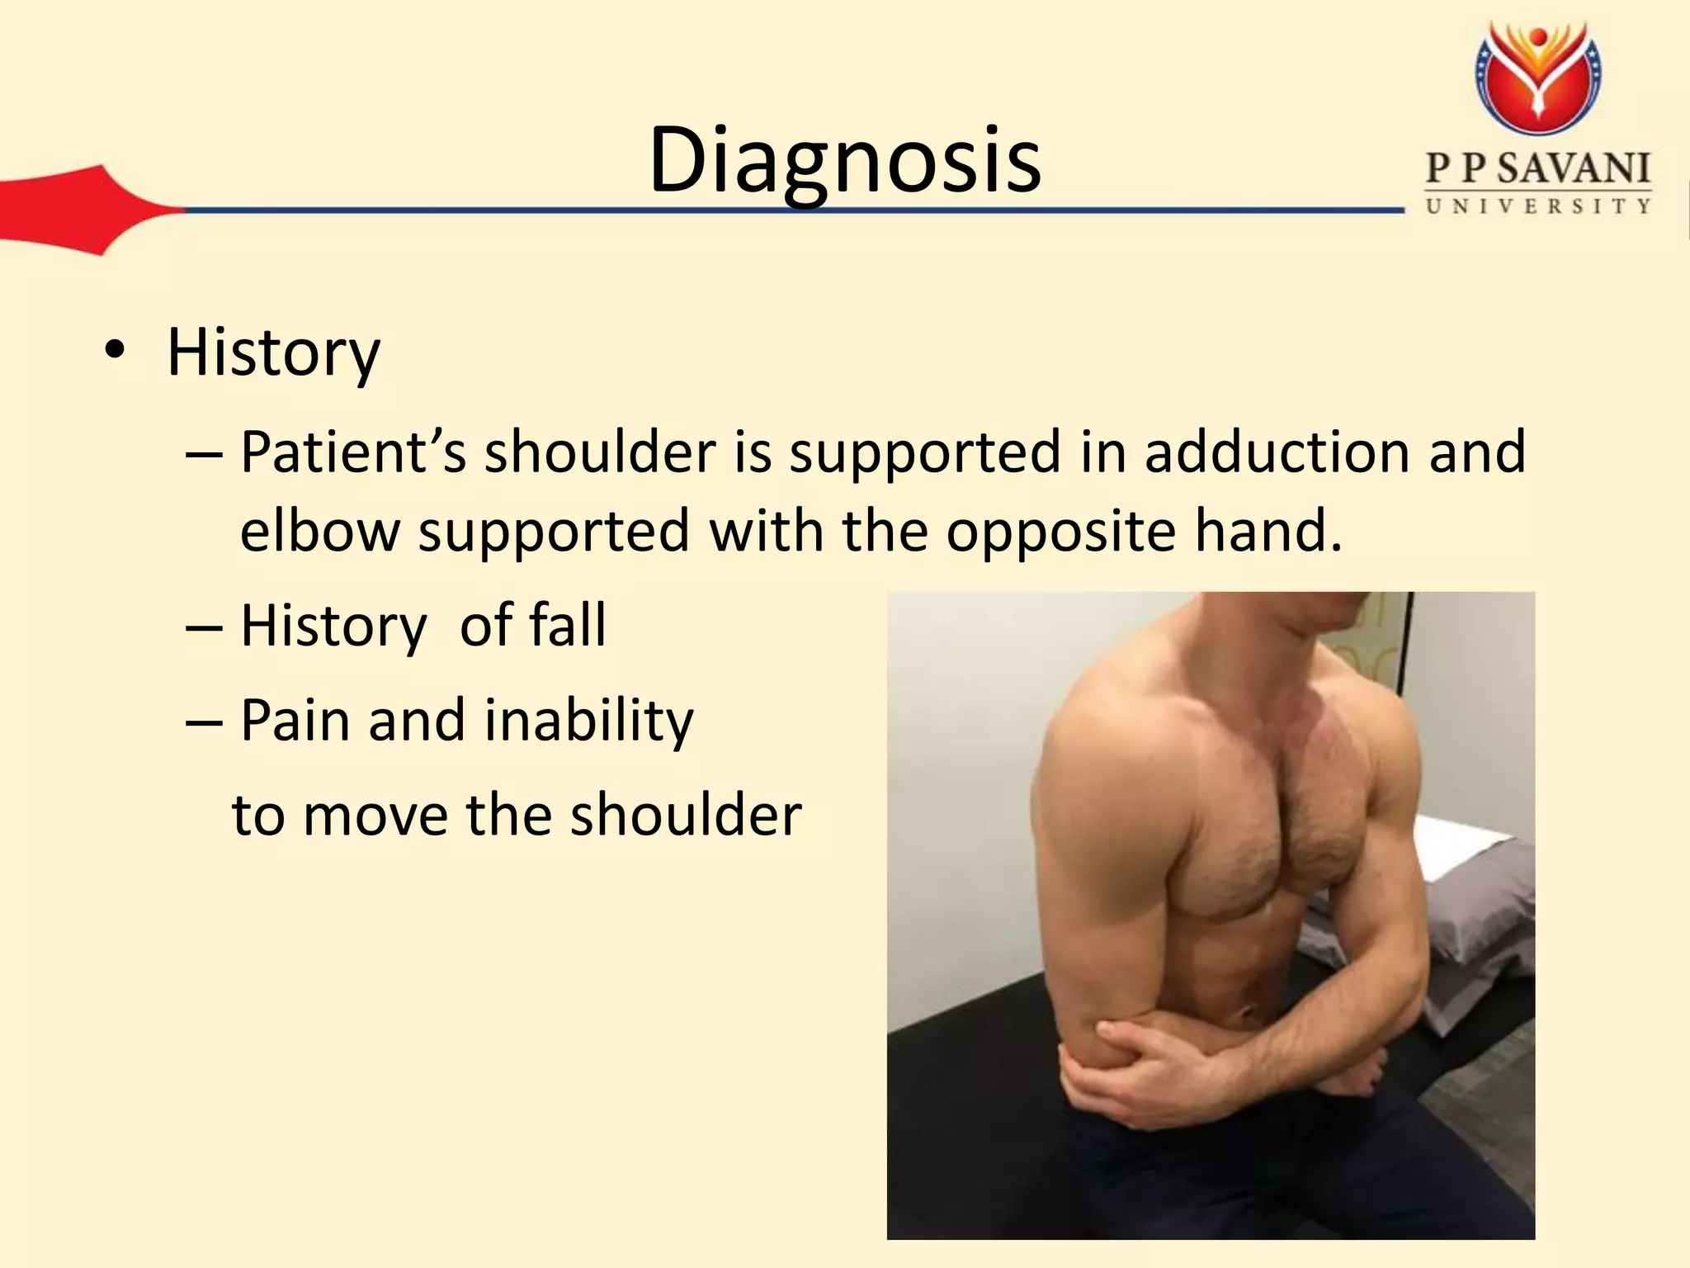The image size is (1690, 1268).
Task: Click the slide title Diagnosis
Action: coord(844,161)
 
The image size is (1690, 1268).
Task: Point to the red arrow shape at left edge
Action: coord(74,210)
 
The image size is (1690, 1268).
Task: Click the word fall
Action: coord(567,625)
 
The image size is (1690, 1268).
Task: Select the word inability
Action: coord(588,721)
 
